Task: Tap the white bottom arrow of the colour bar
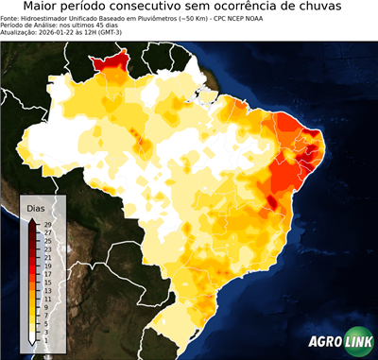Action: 33,342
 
